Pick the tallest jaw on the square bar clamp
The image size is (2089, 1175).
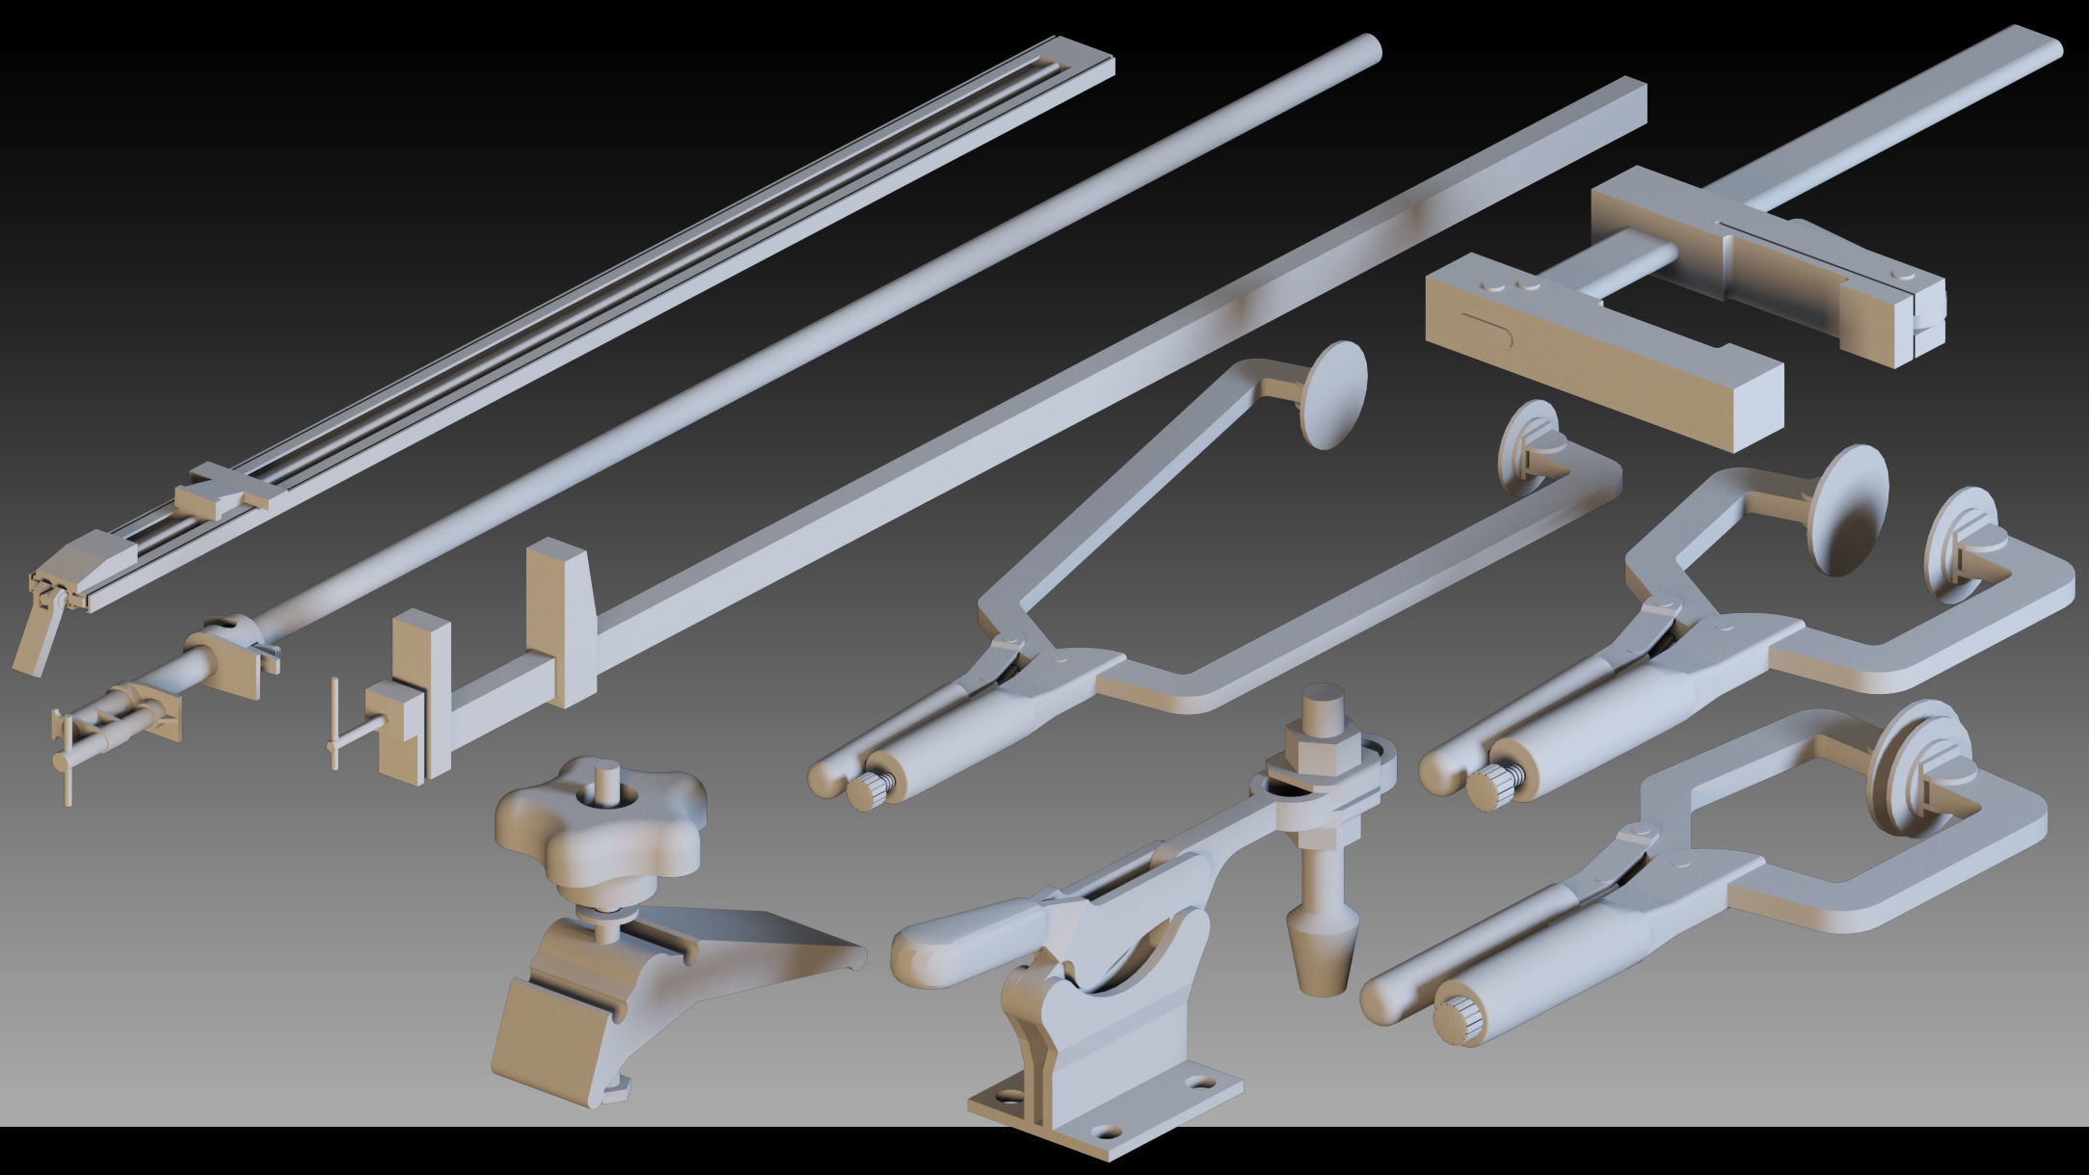(x=558, y=621)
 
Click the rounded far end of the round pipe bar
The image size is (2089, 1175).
(x=1368, y=48)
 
